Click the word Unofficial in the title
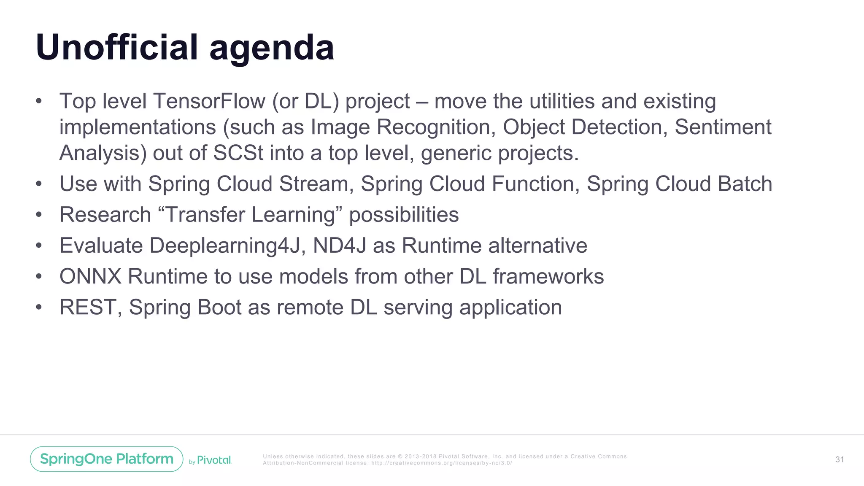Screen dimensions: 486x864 117,47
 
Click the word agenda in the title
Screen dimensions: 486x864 272,49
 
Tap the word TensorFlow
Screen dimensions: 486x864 209,101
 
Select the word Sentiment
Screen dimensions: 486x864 723,127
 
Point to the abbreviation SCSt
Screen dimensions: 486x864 238,153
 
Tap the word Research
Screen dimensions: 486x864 105,215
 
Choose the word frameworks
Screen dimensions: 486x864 548,277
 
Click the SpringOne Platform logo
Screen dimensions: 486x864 107,459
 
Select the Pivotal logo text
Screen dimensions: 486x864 214,460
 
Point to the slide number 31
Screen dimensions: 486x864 840,459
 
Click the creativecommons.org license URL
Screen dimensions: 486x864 442,463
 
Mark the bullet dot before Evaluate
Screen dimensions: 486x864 39,246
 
